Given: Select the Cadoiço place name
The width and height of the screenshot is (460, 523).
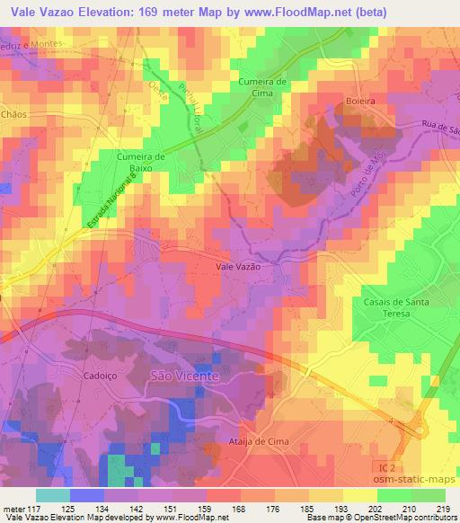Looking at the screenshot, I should (101, 377).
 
